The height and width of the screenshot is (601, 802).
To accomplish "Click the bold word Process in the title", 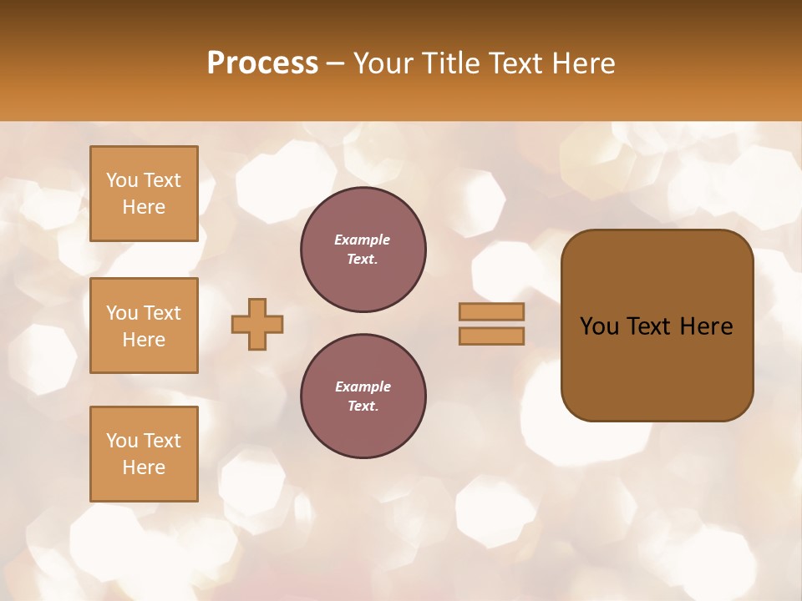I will (262, 63).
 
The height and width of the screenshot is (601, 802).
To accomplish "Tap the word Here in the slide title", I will (583, 63).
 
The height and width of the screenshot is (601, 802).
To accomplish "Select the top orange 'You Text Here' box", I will (144, 194).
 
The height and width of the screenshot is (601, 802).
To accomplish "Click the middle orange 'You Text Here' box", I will (144, 326).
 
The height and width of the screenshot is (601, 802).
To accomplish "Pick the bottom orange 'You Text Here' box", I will (144, 453).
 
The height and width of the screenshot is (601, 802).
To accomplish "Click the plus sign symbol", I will (257, 324).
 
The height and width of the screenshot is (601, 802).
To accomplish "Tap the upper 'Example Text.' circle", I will (363, 250).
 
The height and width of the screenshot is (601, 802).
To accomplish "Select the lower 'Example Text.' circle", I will (363, 396).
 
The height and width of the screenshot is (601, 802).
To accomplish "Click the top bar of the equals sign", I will (491, 311).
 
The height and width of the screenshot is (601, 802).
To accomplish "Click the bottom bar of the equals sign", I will (491, 336).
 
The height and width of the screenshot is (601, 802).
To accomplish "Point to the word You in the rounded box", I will (599, 326).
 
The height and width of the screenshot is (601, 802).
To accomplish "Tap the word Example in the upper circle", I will (362, 240).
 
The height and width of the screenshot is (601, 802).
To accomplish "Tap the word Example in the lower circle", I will (363, 386).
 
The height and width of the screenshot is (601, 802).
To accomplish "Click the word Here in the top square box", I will (144, 207).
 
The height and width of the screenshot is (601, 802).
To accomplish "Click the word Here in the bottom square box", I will (144, 467).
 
